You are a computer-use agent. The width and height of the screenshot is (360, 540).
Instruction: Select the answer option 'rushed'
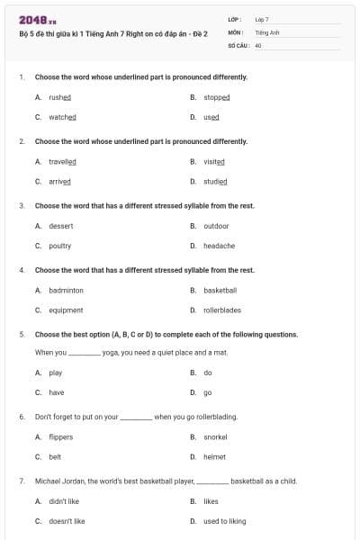click(60, 97)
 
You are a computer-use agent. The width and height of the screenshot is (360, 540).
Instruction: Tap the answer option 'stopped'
click(217, 97)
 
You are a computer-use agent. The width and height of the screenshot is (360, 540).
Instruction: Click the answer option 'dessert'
click(61, 226)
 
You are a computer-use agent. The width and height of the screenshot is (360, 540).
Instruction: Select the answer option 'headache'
click(219, 246)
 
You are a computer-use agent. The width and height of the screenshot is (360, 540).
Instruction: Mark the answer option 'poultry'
click(60, 246)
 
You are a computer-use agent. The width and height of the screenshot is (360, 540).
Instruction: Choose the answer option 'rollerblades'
click(222, 310)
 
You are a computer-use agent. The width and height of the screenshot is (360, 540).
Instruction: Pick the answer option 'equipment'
click(66, 310)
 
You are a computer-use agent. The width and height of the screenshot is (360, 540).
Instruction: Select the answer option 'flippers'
click(61, 437)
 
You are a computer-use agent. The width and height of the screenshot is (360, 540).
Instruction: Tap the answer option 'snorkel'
click(215, 437)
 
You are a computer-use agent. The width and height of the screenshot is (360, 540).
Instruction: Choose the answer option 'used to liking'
click(224, 521)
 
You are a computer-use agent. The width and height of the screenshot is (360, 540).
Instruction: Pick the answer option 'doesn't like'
click(67, 521)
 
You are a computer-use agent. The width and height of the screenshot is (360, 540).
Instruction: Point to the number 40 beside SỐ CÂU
click(258, 44)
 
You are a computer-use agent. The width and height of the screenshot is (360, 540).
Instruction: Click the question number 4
click(22, 270)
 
